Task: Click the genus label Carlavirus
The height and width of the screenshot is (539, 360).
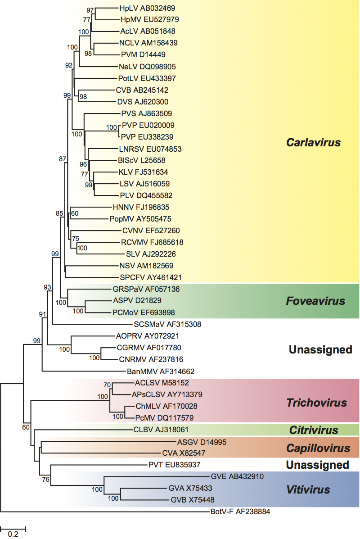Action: (x=314, y=143)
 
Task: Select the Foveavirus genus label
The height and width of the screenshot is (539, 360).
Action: (x=315, y=301)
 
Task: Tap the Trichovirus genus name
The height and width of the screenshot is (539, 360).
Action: (x=317, y=403)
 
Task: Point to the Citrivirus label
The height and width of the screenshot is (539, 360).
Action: (x=314, y=430)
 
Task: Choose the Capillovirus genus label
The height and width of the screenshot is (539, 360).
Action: (x=318, y=448)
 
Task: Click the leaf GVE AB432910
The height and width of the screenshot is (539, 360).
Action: (x=237, y=476)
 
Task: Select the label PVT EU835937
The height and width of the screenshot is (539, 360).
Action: (x=174, y=464)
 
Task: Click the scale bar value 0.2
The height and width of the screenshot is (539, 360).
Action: (x=13, y=534)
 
